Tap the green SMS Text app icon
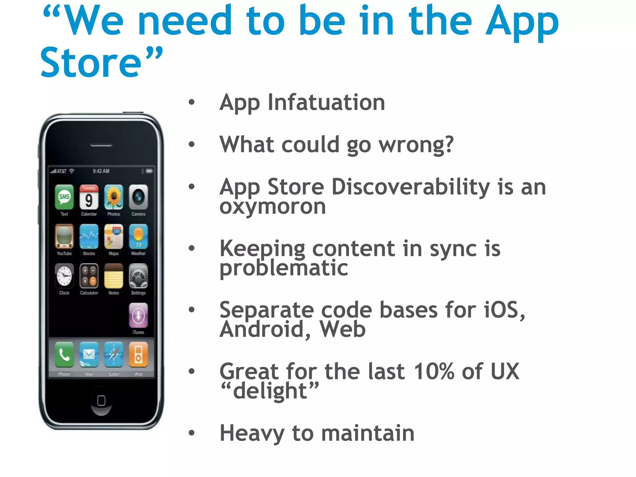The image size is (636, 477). pyautogui.click(x=64, y=197)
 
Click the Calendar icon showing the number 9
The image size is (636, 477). pyautogui.click(x=89, y=197)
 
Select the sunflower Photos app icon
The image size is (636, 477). pyautogui.click(x=114, y=197)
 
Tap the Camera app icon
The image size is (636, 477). pyautogui.click(x=138, y=197)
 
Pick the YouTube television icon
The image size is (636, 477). pyautogui.click(x=64, y=237)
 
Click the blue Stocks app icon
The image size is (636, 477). pyautogui.click(x=89, y=237)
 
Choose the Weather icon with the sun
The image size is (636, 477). pyautogui.click(x=138, y=237)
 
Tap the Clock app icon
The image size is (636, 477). pyautogui.click(x=64, y=276)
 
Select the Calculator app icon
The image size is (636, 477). pyautogui.click(x=89, y=276)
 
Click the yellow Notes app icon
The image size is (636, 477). pyautogui.click(x=114, y=276)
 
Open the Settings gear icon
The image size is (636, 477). pyautogui.click(x=138, y=276)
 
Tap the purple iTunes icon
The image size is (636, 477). pyautogui.click(x=138, y=316)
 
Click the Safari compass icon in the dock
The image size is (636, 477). pyautogui.click(x=114, y=355)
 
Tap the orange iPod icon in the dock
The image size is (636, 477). pyautogui.click(x=138, y=355)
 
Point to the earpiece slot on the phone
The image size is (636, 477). pyautogui.click(x=101, y=145)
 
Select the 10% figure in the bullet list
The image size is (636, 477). pyautogui.click(x=434, y=371)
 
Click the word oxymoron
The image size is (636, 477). pyautogui.click(x=273, y=207)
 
